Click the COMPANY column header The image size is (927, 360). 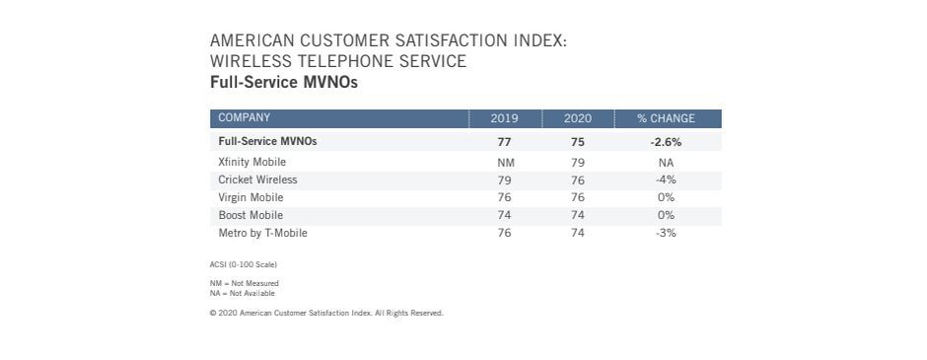245,118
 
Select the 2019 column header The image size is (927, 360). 504,118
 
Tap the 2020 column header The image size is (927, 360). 577,118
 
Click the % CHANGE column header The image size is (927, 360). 666,118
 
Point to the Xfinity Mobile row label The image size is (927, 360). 252,162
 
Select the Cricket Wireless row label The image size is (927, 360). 257,180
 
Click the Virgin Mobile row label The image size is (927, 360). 250,197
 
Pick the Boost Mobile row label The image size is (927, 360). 250,215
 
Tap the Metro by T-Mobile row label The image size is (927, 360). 263,233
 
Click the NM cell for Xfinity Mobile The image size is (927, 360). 504,162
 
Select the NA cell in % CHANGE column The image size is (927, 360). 666,162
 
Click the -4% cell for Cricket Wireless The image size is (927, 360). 666,180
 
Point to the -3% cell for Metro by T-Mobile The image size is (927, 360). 666,233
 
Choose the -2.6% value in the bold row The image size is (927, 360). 666,142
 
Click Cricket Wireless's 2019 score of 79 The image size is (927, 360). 504,180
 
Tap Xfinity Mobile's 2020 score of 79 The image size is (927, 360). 577,162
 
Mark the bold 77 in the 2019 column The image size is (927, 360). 504,142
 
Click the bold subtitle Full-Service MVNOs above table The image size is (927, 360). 283,83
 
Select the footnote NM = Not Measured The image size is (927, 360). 244,283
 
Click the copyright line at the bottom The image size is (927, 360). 326,313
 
